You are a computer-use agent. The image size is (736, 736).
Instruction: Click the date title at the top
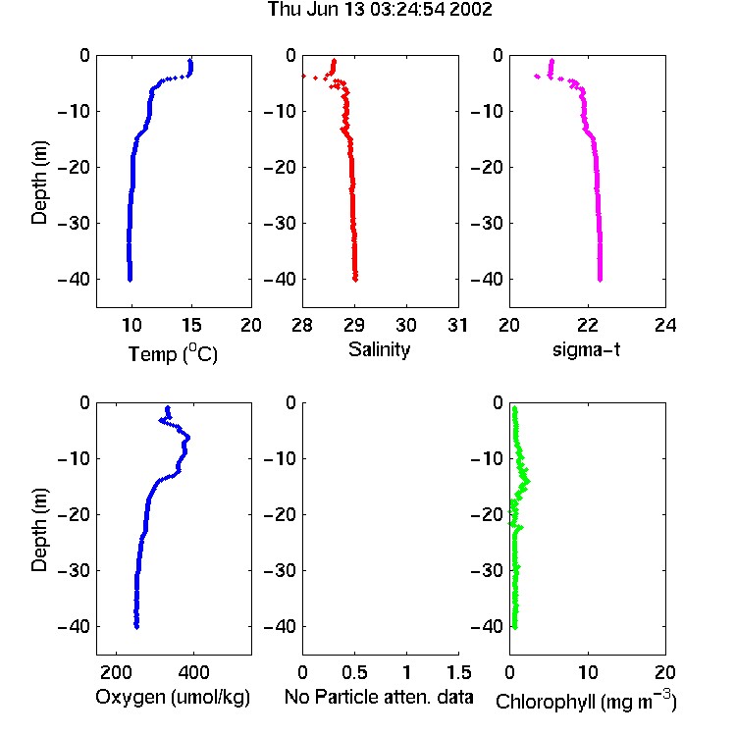tap(380, 9)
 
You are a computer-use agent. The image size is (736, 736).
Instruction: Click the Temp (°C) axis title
tap(173, 353)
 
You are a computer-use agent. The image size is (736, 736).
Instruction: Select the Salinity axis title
tap(379, 349)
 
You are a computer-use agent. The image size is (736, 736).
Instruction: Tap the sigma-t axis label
tap(586, 349)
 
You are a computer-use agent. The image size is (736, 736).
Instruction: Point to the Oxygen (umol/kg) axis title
tap(173, 697)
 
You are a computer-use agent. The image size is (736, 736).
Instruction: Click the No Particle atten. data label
tap(379, 697)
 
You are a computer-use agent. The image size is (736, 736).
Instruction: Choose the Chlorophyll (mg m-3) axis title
tap(586, 700)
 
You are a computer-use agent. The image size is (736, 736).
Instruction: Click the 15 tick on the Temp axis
tap(191, 325)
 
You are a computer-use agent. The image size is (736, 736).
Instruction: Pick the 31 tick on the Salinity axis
tap(457, 325)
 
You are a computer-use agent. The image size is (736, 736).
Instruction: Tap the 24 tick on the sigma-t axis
tap(665, 325)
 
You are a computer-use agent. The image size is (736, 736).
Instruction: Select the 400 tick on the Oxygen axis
tap(193, 672)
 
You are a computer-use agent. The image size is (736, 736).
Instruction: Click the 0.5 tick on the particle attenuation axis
tap(354, 672)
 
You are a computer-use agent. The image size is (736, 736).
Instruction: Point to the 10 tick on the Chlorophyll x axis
tap(588, 672)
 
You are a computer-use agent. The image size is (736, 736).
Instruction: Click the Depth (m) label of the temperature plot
tap(39, 183)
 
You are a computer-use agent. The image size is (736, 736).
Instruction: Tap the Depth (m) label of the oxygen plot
tap(39, 530)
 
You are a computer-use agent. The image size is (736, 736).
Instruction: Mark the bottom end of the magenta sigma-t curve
tap(600, 281)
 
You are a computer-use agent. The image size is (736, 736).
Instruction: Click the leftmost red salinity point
tap(303, 76)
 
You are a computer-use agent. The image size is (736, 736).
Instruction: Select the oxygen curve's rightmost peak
tap(188, 438)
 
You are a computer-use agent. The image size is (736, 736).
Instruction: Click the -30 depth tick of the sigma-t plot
tap(487, 223)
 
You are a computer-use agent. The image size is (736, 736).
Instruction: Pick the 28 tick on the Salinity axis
tap(302, 325)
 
